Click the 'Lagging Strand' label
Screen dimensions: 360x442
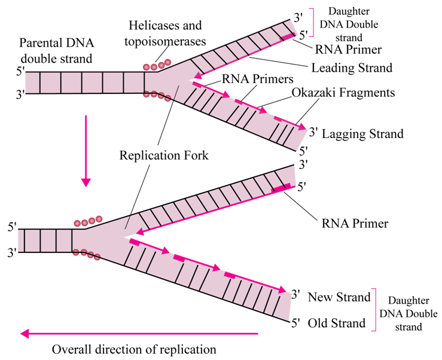[362, 134]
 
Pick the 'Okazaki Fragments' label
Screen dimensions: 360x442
[344, 93]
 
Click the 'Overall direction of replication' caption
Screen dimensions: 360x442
[134, 349]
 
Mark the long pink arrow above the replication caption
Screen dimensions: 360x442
[138, 334]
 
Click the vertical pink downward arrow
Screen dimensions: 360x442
[87, 150]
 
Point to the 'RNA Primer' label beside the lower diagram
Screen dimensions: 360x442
[355, 224]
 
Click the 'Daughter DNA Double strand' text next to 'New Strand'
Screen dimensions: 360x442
[412, 313]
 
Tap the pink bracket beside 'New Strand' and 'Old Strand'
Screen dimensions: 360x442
[374, 310]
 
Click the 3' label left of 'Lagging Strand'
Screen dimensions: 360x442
[311, 130]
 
